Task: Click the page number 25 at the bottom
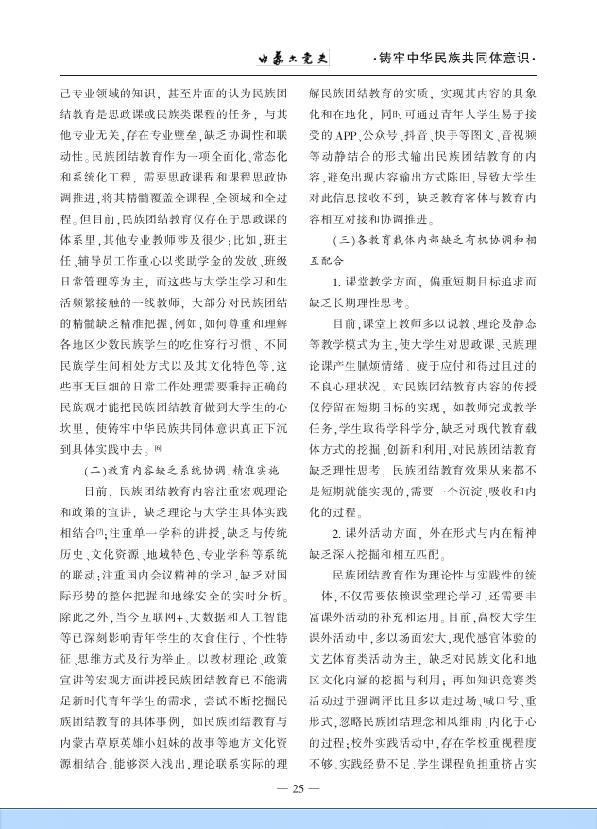click(x=298, y=786)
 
